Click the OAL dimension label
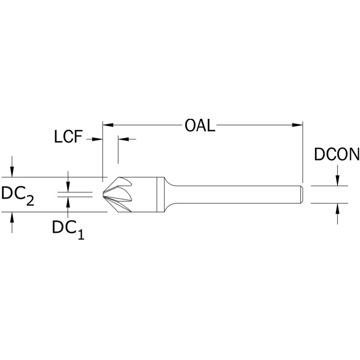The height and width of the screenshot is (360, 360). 201,125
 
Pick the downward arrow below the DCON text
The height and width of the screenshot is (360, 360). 337,180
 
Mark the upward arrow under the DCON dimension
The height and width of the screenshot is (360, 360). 337,208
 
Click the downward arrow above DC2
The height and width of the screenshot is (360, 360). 12,172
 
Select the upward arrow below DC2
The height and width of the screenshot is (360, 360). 12,217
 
